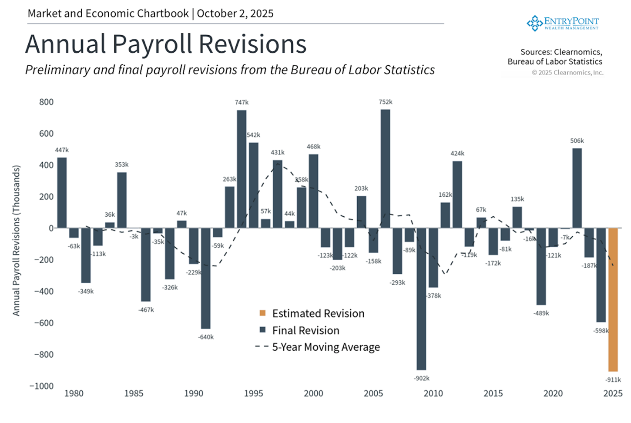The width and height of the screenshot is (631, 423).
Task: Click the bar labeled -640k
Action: point(205,278)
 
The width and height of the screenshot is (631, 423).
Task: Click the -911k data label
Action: point(613,379)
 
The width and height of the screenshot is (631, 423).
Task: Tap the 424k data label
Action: point(457,153)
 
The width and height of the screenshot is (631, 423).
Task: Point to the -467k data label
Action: point(146,310)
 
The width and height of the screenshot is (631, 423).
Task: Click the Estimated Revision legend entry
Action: point(318,313)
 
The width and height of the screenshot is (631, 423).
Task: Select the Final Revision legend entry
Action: point(305,330)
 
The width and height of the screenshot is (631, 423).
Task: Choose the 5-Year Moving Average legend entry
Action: point(326,347)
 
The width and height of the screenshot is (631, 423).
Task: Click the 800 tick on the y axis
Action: point(47,102)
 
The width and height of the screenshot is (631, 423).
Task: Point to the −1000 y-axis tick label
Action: point(42,386)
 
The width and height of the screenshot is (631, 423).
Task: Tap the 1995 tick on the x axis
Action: point(253,393)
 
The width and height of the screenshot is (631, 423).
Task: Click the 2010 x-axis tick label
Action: point(433,393)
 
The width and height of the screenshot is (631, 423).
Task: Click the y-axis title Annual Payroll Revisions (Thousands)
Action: point(17,240)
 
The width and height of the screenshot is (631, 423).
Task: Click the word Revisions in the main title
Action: point(253,44)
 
